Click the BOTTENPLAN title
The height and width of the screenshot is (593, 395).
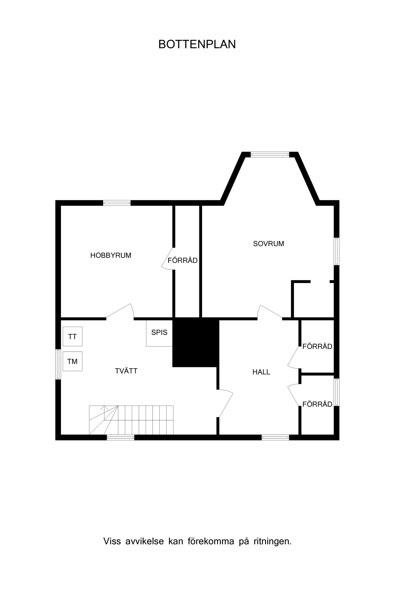click(x=197, y=44)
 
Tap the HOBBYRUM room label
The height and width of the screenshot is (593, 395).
click(x=111, y=255)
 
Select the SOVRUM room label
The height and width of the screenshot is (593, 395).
click(x=268, y=244)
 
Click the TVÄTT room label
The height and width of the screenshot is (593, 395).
click(x=126, y=371)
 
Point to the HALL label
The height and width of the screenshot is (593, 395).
click(x=261, y=372)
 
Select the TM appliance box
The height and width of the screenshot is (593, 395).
click(x=73, y=361)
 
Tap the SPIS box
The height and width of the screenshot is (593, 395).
click(x=159, y=333)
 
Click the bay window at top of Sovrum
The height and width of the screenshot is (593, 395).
click(x=270, y=155)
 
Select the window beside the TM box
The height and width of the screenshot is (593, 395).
click(x=58, y=364)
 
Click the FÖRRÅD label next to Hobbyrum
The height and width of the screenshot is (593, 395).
click(x=183, y=260)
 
